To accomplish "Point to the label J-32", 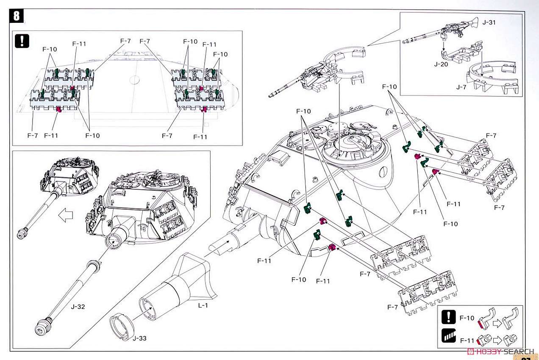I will tap(78, 307).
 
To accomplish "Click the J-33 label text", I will tap(140, 338).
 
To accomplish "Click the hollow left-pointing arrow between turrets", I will tap(65, 215).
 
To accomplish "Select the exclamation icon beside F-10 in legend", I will tap(448, 317).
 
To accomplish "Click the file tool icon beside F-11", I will tap(448, 337).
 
